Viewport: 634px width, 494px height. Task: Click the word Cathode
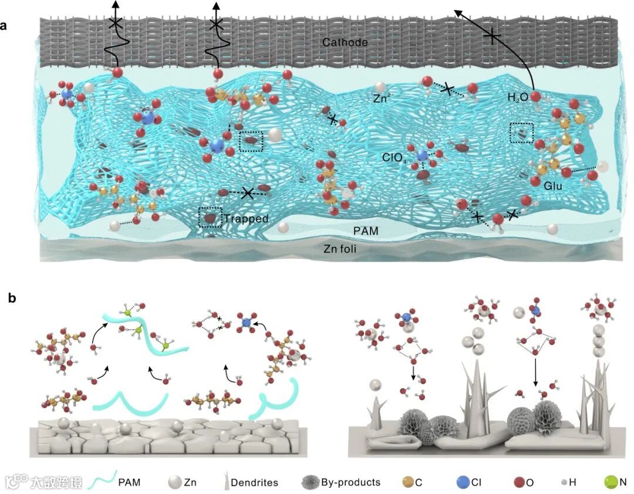345,42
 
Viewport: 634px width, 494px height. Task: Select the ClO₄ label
394,157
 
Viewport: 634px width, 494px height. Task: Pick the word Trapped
245,219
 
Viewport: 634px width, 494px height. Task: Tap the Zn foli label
340,249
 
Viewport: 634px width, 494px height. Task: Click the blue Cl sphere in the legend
464,482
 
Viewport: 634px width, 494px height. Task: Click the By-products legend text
350,482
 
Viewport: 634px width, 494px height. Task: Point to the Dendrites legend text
254,483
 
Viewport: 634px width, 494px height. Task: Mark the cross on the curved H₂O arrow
491,37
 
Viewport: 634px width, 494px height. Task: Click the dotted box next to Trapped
210,218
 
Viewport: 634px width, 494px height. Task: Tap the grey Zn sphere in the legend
174,482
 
